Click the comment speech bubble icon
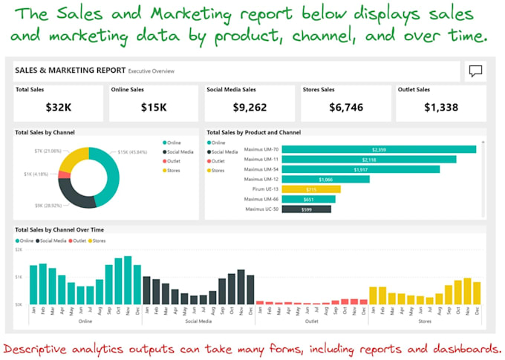475,71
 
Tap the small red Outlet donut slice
63,175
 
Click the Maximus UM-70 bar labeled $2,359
379,149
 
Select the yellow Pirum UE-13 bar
311,189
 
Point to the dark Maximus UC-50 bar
306,209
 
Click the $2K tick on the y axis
19,250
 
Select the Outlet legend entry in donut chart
175,161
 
